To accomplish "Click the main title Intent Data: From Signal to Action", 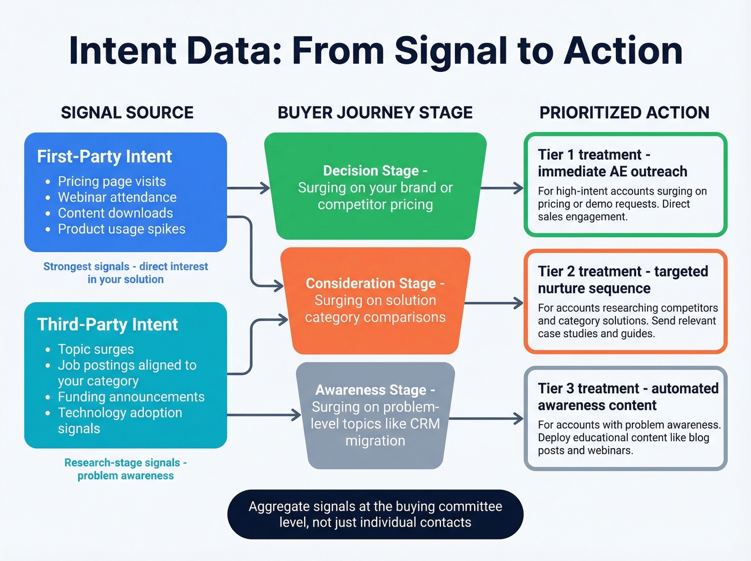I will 376,51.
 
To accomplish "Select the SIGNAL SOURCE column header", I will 127,113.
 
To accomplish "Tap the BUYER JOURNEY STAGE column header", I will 375,113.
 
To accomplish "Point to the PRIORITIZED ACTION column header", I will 624,113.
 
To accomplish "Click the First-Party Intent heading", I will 104,157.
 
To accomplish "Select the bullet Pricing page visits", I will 112,181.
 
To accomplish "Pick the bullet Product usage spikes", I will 121,229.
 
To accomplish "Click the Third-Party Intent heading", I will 107,325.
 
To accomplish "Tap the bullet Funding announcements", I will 131,397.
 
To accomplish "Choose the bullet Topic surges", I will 95,349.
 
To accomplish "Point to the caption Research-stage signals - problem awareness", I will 126,469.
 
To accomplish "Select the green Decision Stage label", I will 375,171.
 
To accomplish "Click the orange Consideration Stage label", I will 375,283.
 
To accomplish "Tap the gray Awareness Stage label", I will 375,390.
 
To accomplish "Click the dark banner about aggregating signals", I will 375,514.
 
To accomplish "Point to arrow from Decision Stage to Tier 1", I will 502,188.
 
